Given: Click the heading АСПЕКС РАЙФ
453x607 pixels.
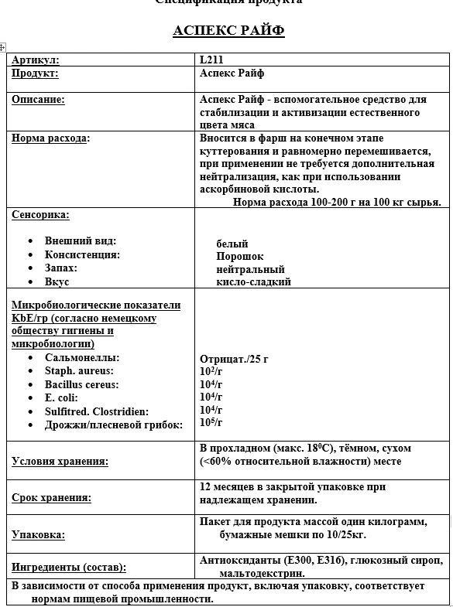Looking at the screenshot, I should [x=227, y=32].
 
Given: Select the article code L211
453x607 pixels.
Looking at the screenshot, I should [x=211, y=60].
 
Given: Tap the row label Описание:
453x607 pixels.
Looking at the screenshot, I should [x=38, y=100].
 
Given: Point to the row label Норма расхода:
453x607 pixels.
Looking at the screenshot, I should [x=51, y=138].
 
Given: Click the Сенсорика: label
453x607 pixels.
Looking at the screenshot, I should [x=40, y=215].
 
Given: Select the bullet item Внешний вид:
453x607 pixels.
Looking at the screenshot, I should [x=80, y=241].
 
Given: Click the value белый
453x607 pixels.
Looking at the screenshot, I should [x=232, y=244].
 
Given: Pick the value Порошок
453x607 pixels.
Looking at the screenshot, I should [x=240, y=257].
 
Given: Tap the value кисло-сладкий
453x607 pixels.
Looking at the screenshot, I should [x=254, y=282].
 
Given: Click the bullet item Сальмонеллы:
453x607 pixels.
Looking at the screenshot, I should [x=82, y=358].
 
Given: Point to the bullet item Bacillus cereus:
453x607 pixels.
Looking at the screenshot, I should [x=81, y=384].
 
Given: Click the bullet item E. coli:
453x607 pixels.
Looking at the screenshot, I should [x=61, y=397].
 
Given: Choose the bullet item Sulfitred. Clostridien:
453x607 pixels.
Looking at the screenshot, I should [x=97, y=411].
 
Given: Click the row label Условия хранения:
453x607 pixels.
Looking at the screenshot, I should [x=60, y=462].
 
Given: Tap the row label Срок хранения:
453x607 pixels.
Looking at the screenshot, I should [x=51, y=499].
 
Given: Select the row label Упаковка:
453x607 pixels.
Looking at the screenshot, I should [x=38, y=534].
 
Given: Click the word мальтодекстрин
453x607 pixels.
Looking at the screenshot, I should [x=262, y=574].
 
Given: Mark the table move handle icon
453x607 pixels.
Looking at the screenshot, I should [x=3, y=47].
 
